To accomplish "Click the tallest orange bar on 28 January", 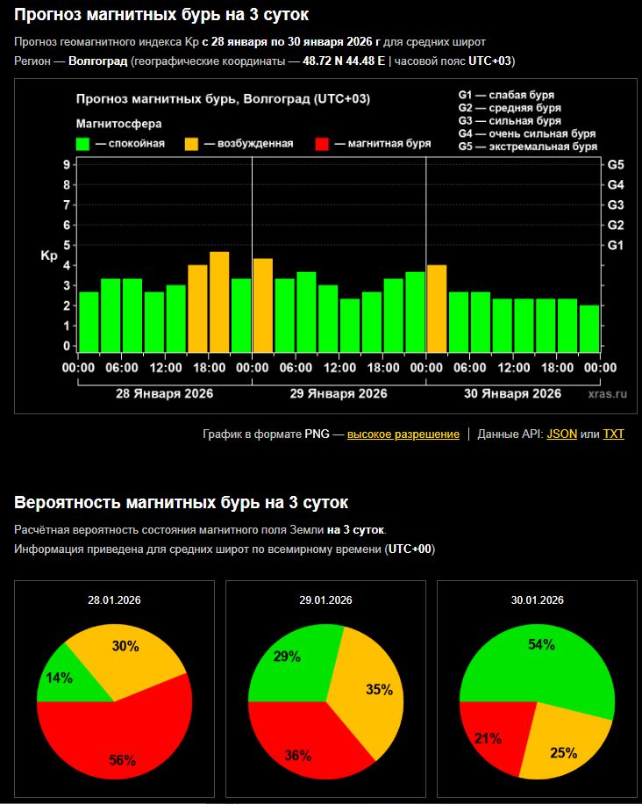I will [219, 301].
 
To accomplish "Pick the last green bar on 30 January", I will [589, 328].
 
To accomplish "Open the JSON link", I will [561, 434].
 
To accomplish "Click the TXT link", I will [613, 434].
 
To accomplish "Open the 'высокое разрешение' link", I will [403, 434].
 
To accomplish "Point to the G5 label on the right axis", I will [616, 165].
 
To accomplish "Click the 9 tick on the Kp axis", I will [67, 165].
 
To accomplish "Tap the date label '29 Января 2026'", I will [339, 393].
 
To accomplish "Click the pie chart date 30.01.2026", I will [537, 600].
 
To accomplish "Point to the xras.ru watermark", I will [608, 394].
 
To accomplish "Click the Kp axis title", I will [49, 256].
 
